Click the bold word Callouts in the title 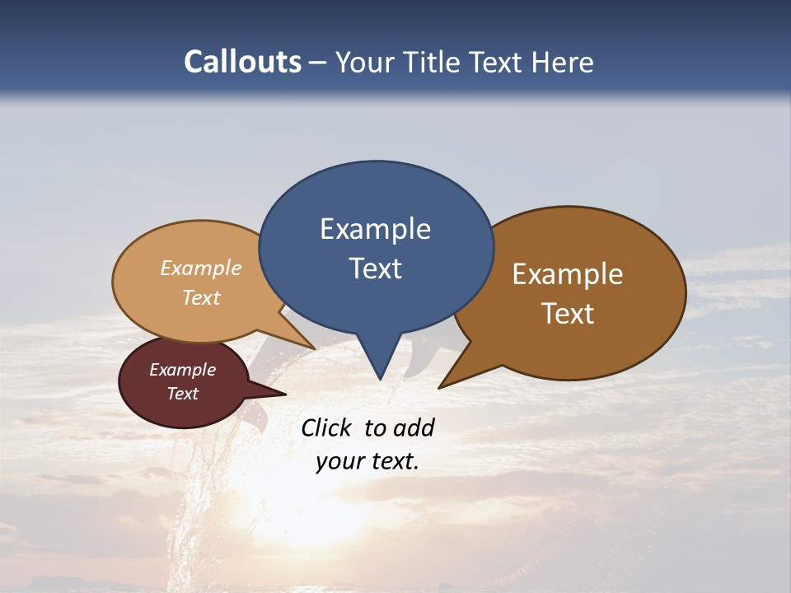pos(242,62)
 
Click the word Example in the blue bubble pos(375,229)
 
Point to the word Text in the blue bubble pos(375,268)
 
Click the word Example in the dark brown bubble pos(568,274)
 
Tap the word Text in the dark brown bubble pos(568,314)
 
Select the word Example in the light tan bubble pos(200,268)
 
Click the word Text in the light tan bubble pos(200,297)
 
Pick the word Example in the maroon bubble pos(182,370)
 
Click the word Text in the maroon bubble pos(182,394)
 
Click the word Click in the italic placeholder pos(328,427)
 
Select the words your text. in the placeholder pos(367,462)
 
